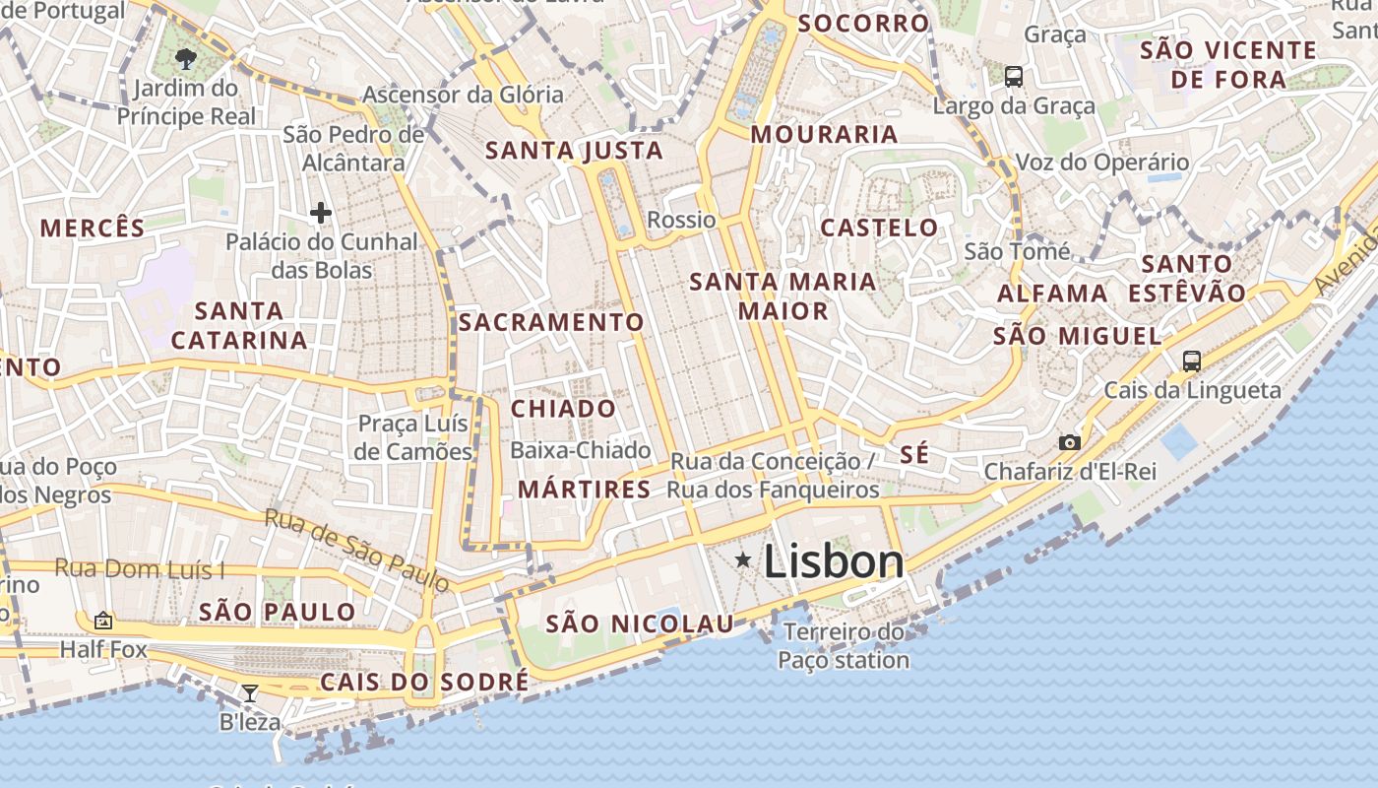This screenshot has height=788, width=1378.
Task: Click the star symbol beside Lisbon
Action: (743, 560)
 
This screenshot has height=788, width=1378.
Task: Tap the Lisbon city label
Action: (834, 561)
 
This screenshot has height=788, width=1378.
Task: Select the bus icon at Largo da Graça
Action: (1013, 76)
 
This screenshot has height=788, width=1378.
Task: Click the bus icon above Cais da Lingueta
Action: (1191, 361)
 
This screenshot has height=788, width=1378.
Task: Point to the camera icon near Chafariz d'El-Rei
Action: (1070, 442)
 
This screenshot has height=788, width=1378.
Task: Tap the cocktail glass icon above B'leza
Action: (250, 693)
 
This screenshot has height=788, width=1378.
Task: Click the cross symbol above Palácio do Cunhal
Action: (320, 212)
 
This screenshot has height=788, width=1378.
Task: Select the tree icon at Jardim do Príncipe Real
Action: (186, 58)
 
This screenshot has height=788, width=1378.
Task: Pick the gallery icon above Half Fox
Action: (103, 621)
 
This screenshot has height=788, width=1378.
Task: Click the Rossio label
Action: (681, 220)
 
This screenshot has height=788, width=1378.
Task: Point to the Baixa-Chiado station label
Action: (581, 450)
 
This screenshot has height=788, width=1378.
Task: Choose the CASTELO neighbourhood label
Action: (880, 228)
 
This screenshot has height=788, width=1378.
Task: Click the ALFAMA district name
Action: (1052, 294)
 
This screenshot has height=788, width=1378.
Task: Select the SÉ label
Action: (914, 454)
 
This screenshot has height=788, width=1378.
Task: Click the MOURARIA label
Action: (825, 134)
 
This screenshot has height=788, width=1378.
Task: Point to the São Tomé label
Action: (1017, 251)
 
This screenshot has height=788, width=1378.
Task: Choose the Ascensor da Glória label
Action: (463, 95)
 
